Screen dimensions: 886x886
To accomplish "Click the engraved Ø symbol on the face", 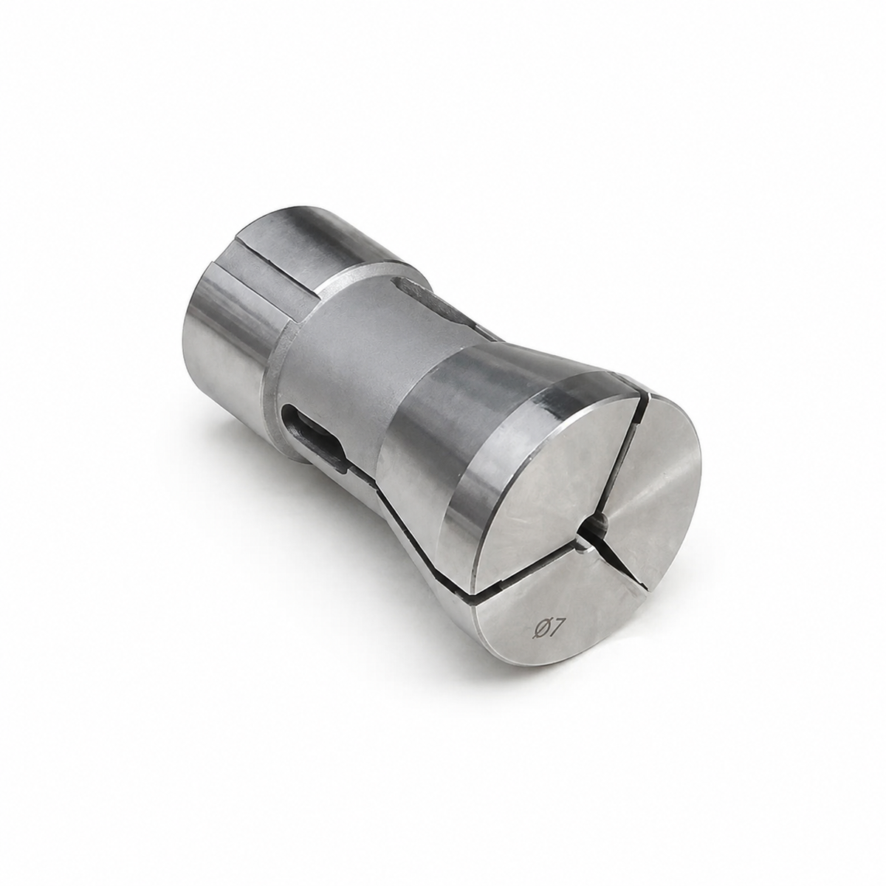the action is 539,630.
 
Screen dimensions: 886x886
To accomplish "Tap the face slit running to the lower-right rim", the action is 621,559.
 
